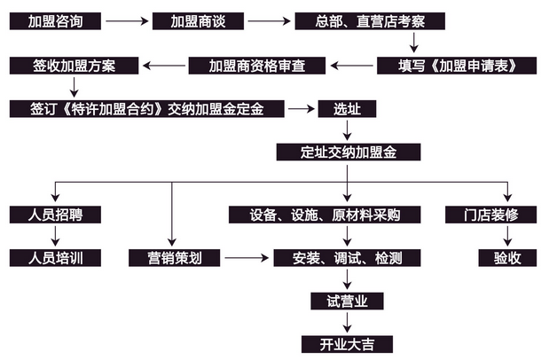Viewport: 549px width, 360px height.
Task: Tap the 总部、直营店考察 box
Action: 368,20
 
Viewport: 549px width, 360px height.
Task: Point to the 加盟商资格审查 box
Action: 257,66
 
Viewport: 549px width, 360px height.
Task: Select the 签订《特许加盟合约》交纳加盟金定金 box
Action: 147,108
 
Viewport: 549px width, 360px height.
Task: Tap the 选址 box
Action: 341,108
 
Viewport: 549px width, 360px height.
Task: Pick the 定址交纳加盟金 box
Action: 347,152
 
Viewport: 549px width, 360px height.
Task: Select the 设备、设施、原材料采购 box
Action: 326,215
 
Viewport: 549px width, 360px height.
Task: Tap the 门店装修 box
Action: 489,215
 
